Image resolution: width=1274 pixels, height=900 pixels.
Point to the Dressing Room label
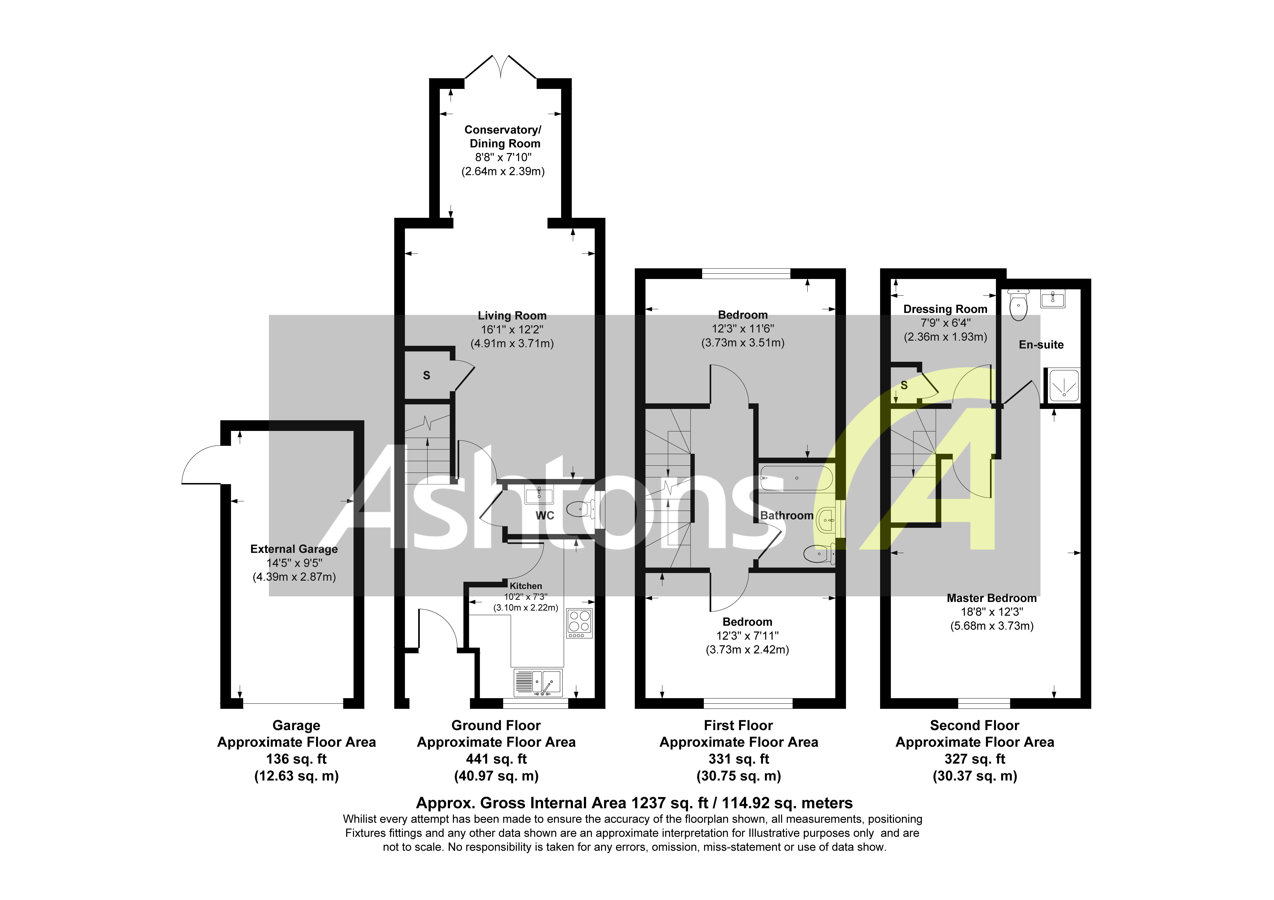point(945,309)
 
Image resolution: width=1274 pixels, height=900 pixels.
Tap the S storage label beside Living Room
point(426,376)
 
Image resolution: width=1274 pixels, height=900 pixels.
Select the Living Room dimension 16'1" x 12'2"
point(512,330)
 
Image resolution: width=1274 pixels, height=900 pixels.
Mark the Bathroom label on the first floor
point(786,515)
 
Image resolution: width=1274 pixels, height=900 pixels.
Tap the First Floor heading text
point(738,725)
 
